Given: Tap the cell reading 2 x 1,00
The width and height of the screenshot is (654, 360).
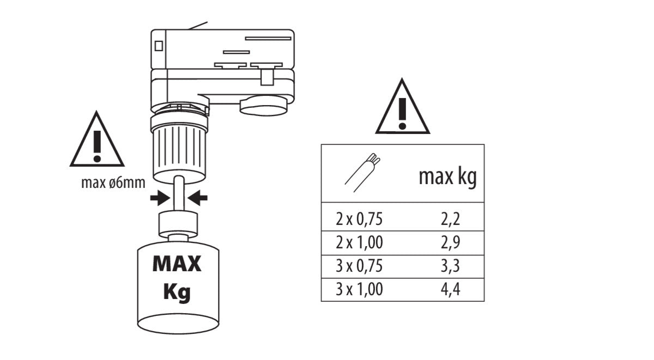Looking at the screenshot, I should (360, 242).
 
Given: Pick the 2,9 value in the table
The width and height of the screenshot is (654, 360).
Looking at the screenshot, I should (450, 242).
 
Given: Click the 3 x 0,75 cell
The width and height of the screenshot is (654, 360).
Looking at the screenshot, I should (360, 266).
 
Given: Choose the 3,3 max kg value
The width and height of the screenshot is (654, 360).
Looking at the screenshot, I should (450, 266).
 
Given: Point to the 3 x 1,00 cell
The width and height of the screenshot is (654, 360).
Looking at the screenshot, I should (360, 289).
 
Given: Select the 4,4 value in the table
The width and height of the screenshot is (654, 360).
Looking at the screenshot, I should (450, 289).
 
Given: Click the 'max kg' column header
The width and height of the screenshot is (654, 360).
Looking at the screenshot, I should (447, 178).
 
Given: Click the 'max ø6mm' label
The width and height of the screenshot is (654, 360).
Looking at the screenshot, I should (113, 182).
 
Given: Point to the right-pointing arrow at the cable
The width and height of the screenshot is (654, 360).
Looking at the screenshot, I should (160, 198).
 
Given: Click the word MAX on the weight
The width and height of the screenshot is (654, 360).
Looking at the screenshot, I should (177, 265).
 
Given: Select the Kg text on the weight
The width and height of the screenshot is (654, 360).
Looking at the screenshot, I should (177, 292).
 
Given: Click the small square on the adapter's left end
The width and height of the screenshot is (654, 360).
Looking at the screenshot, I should (159, 46).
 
